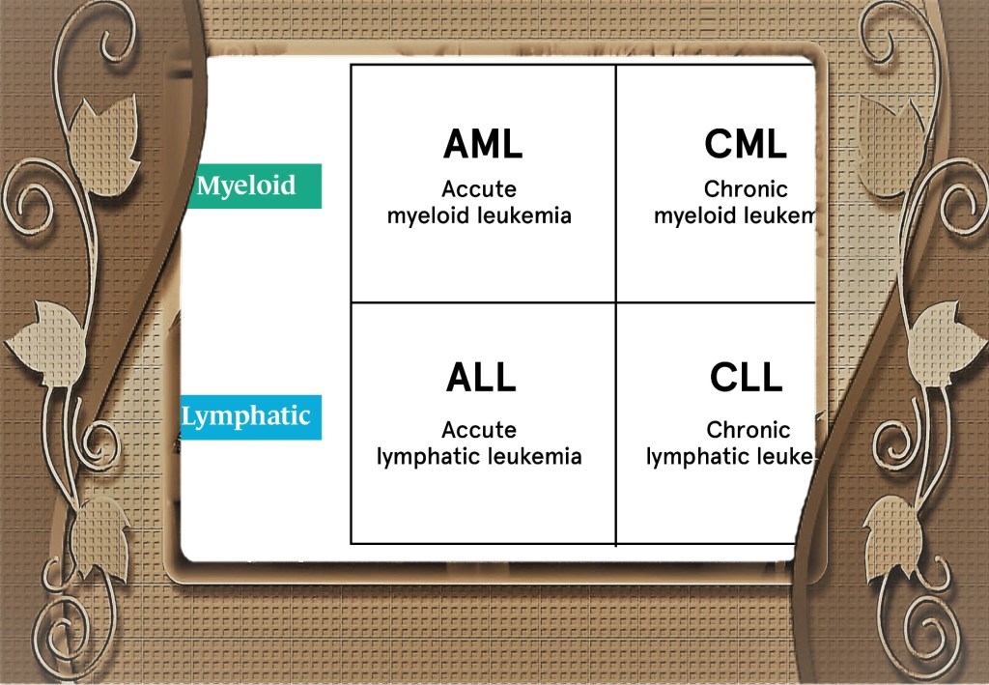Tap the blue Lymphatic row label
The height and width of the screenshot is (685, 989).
[247, 417]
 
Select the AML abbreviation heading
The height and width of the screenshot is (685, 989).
[483, 144]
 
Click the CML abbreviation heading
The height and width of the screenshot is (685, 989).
[745, 144]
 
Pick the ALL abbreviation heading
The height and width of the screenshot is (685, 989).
[481, 378]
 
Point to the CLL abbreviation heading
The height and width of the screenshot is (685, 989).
[746, 378]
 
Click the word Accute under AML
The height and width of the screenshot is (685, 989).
[479, 189]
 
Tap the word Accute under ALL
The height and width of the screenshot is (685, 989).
[479, 430]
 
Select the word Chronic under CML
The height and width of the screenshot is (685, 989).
[746, 189]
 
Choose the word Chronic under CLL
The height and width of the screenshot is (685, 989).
[748, 430]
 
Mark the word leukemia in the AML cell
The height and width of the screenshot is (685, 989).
[524, 215]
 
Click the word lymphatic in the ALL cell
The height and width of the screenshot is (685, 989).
[421, 456]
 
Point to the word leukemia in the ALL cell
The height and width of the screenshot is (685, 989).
[535, 456]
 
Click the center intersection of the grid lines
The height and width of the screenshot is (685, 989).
[615, 302]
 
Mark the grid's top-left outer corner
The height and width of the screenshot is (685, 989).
[351, 66]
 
